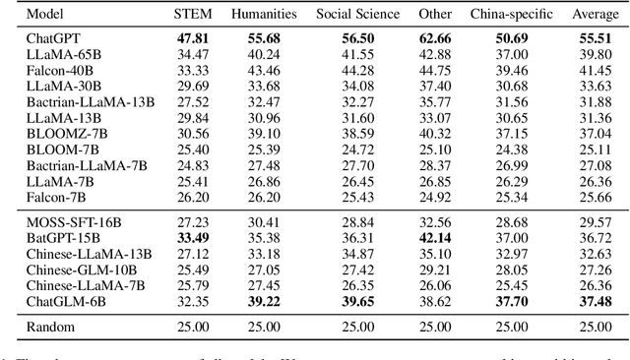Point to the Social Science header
click(x=358, y=14)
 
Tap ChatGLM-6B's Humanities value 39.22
click(x=264, y=298)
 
